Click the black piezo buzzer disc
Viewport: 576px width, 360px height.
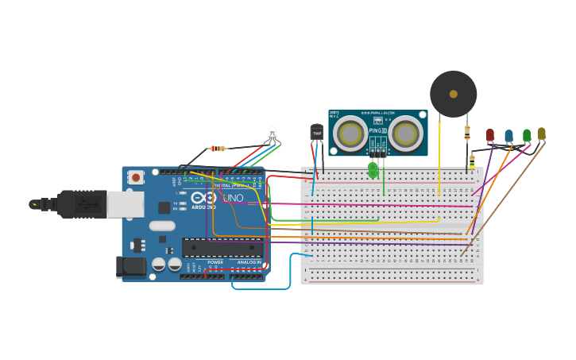tap(453, 94)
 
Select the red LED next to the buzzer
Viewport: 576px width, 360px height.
tap(490, 135)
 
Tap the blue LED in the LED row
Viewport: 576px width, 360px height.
tap(508, 136)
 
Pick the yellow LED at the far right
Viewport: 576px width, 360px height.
tap(541, 134)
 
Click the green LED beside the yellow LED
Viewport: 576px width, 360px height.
tap(526, 135)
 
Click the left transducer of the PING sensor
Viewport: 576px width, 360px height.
tap(350, 133)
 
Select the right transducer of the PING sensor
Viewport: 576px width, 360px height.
tap(405, 133)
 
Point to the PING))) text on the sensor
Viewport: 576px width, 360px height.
tap(377, 130)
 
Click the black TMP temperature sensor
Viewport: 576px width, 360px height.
tap(317, 132)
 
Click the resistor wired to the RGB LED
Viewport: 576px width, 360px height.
tap(217, 148)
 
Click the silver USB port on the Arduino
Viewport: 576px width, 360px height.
tap(127, 204)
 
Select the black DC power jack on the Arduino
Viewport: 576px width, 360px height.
tap(131, 267)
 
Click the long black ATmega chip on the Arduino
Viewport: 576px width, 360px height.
tap(222, 247)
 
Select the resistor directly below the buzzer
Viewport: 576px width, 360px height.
tap(467, 133)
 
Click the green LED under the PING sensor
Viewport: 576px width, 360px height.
tap(373, 169)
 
